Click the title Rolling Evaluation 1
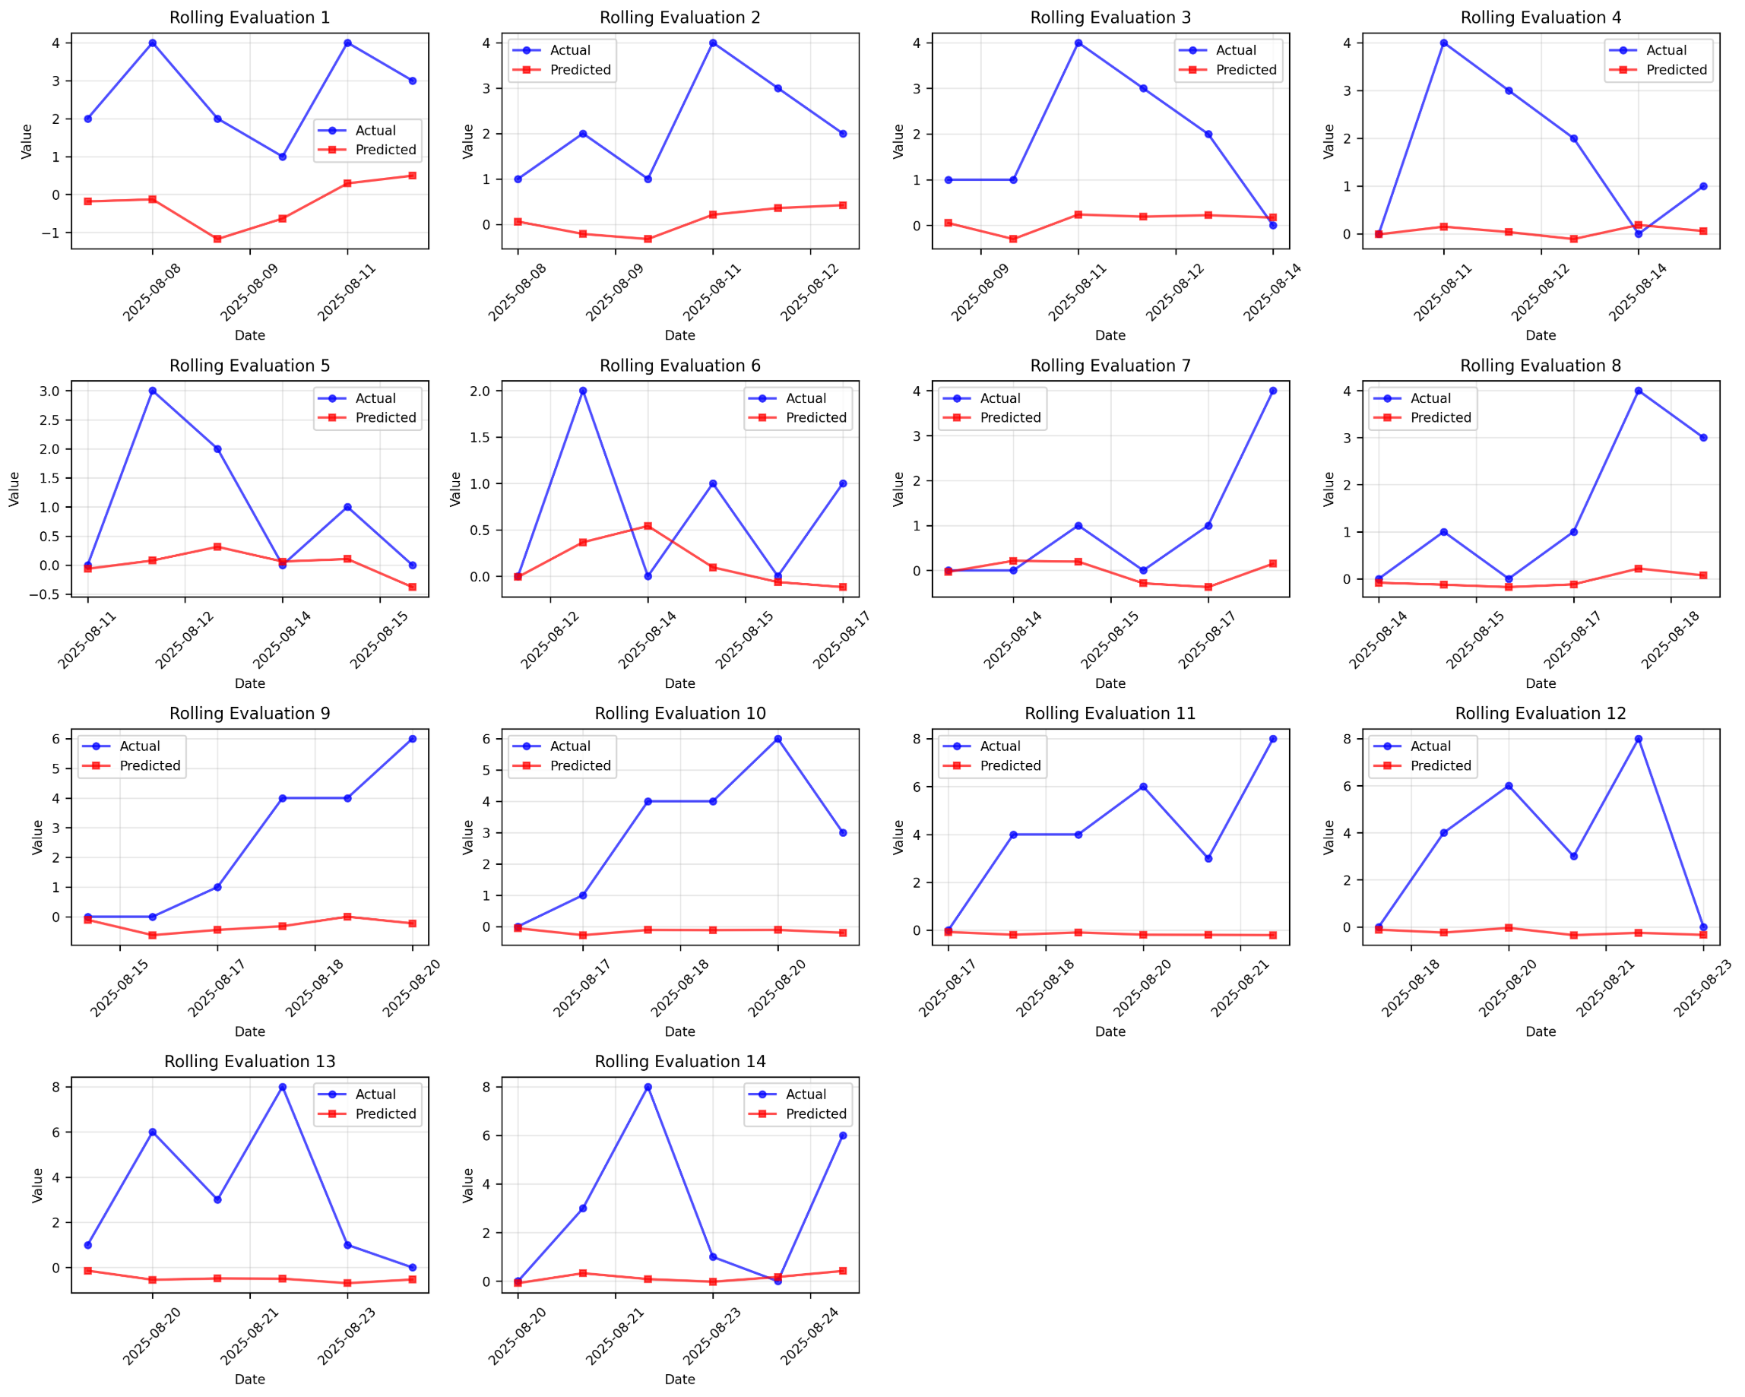[249, 17]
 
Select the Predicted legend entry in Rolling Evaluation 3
[1246, 71]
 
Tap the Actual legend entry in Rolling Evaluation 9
[139, 746]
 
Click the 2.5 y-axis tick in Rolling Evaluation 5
[48, 420]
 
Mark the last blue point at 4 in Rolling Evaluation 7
[1272, 391]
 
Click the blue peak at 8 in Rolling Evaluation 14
[648, 1087]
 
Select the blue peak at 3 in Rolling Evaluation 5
[152, 391]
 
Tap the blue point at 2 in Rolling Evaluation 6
[583, 391]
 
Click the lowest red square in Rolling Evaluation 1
[217, 239]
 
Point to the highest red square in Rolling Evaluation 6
[648, 526]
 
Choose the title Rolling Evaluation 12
[1541, 714]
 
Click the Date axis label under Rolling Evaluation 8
[1541, 683]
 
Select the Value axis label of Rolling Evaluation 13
[37, 1185]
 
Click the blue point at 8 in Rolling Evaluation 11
[1272, 739]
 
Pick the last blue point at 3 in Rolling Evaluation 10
[843, 833]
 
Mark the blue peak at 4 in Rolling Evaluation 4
[1443, 43]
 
